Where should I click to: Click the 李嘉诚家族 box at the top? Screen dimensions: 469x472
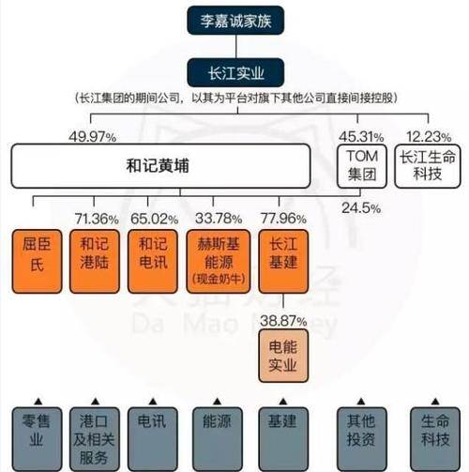[x=235, y=21]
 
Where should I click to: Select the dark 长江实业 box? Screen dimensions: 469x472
[x=235, y=72]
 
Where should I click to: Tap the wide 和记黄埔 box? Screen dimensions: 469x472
[x=161, y=166]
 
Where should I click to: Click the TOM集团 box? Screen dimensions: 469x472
[x=362, y=166]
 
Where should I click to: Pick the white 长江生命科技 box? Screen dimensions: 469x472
[x=428, y=166]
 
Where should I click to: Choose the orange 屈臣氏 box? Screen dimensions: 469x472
[x=37, y=262]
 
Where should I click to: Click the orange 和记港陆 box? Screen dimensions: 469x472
[x=95, y=262]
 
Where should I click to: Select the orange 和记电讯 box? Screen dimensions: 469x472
[x=153, y=262]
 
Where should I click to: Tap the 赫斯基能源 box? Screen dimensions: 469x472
[x=219, y=262]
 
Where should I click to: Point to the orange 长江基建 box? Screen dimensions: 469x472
[x=283, y=262]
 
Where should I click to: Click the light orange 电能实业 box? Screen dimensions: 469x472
[x=283, y=356]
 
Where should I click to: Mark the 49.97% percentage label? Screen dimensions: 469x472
[x=93, y=137]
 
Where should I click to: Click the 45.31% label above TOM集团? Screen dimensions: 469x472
[x=361, y=137]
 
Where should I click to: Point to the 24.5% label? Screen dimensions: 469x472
[x=361, y=208]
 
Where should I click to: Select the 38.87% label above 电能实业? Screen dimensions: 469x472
[x=283, y=321]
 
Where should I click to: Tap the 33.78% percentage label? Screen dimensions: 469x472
[x=219, y=219]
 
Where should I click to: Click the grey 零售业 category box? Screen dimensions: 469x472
[x=37, y=439]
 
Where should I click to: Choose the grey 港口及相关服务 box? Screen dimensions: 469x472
[x=95, y=439]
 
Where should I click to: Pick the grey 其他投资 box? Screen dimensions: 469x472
[x=361, y=439]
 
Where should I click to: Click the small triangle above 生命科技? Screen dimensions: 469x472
[x=435, y=401]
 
